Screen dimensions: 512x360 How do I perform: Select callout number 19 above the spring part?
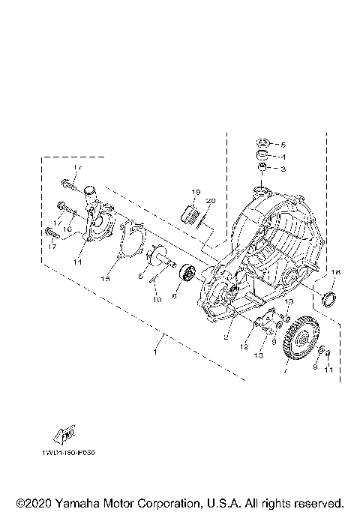[x=194, y=193]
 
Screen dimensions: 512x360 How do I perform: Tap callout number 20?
[x=211, y=201]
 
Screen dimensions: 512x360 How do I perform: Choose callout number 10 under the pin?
[x=158, y=299]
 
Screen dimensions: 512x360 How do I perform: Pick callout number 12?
[x=244, y=346]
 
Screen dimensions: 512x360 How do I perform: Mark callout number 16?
[x=67, y=229]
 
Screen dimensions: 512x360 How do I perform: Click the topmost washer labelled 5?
[x=262, y=143]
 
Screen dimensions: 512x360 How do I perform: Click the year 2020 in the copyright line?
[x=38, y=502]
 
